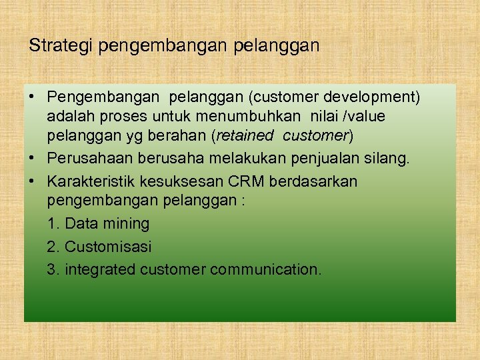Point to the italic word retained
point(245,136)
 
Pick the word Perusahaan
point(89,159)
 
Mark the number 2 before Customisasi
point(52,247)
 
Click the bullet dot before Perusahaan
point(32,159)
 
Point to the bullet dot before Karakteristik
point(32,181)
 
